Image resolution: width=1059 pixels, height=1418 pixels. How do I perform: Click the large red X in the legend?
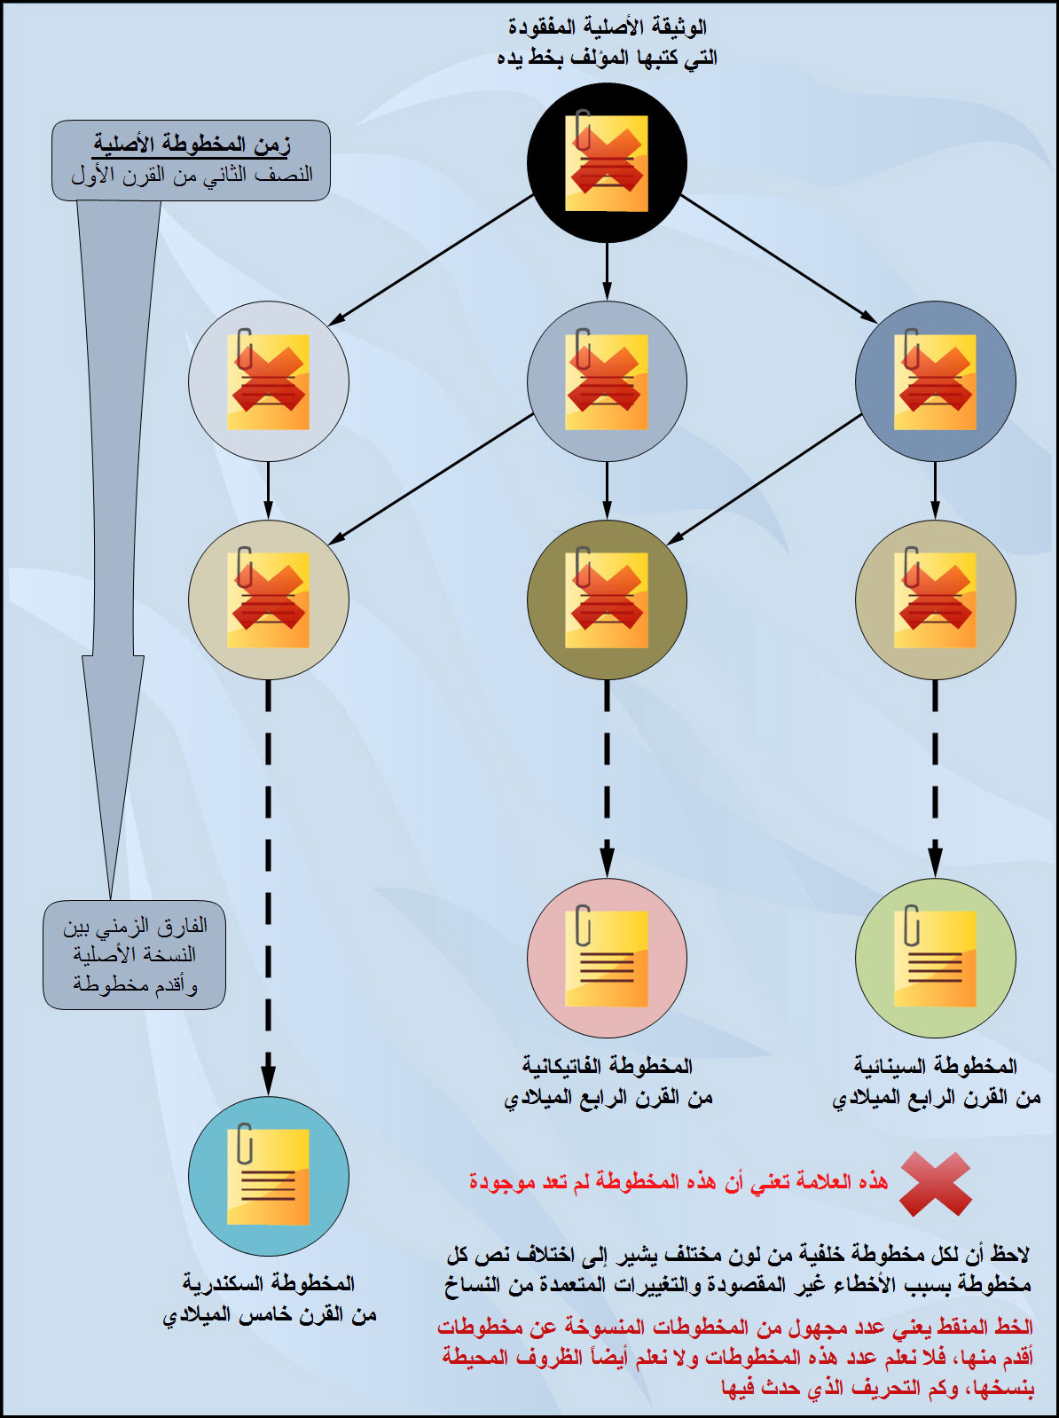[x=935, y=1184]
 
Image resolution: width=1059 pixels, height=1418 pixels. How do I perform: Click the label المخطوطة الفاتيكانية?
[x=608, y=1065]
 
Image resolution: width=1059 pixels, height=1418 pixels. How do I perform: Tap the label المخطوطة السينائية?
[x=936, y=1065]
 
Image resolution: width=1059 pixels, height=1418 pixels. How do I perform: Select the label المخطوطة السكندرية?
[x=269, y=1283]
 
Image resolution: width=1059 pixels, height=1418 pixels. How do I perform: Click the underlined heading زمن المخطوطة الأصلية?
[x=192, y=144]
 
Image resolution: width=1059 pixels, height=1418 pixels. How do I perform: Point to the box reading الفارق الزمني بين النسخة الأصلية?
[x=134, y=955]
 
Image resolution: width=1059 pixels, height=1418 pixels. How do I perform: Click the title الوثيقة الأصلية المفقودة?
[x=608, y=27]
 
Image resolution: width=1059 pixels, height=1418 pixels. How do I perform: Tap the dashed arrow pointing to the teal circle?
[x=268, y=887]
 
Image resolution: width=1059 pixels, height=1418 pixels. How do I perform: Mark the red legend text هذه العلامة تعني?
[x=679, y=1182]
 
